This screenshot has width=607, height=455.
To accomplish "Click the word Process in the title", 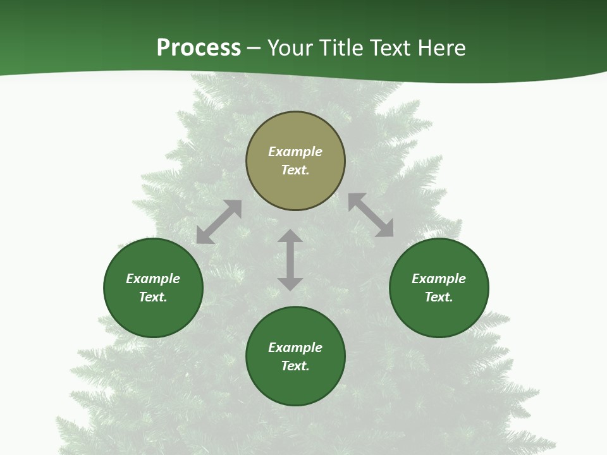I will [x=199, y=48].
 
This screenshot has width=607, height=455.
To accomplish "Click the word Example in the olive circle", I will [x=295, y=152].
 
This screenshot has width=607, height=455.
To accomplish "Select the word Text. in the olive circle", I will [x=295, y=170].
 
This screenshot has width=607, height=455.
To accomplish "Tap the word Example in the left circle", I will [x=153, y=279].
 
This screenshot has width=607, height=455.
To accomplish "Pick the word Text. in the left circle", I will [x=153, y=297].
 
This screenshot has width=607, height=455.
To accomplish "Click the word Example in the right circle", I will [x=439, y=279].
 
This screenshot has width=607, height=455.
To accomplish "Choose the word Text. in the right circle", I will [x=439, y=297].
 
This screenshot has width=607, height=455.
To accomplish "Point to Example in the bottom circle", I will [x=295, y=348].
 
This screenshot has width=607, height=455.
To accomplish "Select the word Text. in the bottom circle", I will [x=295, y=366].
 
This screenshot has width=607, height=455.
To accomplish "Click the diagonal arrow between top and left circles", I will [x=219, y=222].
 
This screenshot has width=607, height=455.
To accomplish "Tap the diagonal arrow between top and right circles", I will [x=371, y=215].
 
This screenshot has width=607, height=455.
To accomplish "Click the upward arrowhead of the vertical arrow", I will [x=290, y=236].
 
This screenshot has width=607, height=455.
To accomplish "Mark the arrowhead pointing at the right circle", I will [x=385, y=229].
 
